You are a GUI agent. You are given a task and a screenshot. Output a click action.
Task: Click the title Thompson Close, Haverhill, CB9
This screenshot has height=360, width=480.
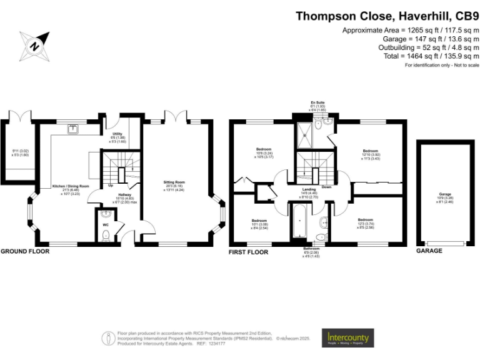(x=387, y=17)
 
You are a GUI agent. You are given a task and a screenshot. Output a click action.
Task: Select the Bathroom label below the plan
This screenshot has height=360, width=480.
(x=307, y=249)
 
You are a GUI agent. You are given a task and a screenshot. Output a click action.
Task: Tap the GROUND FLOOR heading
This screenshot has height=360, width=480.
(x=24, y=251)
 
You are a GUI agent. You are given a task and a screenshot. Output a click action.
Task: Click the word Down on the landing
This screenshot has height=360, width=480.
(x=326, y=186)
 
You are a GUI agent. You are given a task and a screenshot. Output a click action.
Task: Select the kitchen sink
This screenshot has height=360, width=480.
(x=74, y=129)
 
